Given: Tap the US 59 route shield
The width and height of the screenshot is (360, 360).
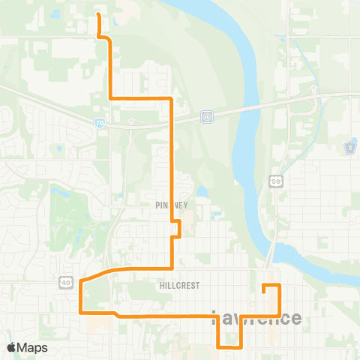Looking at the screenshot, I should pos(275,181).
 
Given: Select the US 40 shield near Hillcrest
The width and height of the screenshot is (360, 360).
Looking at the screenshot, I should pos(66,281).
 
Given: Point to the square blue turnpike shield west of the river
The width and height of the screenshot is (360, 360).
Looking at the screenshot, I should pos(206,116).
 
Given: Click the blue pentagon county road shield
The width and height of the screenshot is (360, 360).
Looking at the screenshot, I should pos(349,148).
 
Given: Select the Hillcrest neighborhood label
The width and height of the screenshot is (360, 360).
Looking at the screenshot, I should pos(178,286).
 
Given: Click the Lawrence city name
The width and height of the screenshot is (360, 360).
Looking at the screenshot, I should pos(257,318).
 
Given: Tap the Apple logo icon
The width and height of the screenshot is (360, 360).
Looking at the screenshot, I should pos(12,347).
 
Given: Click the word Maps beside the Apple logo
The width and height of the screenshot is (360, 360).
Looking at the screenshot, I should pos(33,347).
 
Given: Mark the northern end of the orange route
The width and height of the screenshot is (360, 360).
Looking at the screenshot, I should pos(98,13).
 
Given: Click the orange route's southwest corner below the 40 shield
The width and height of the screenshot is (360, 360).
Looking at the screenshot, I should pos(80,311).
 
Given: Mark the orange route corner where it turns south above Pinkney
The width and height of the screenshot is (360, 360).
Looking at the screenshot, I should pos(172,98).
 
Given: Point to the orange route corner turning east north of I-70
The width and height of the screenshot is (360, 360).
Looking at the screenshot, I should pos(111,98).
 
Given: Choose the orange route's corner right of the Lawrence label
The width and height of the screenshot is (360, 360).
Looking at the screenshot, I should pos(280,316).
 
